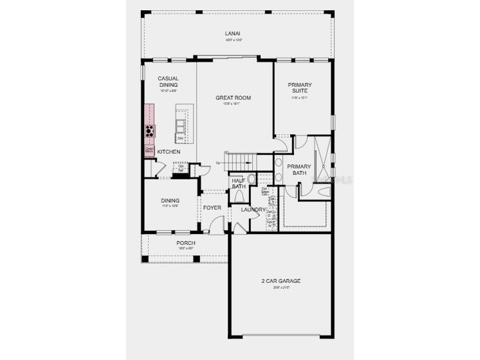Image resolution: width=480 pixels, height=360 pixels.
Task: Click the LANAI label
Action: click(233, 33)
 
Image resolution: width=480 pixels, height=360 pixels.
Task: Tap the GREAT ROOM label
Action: click(233, 98)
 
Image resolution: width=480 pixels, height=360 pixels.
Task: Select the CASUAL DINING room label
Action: click(169, 82)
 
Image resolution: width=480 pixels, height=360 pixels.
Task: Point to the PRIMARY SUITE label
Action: click(300, 88)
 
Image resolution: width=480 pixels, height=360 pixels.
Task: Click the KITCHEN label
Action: click(169, 152)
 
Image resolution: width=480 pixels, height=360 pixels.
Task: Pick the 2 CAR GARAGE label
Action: click(281, 281)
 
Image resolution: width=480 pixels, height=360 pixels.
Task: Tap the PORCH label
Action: click(186, 243)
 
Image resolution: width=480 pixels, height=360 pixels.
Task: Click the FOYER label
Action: click(212, 208)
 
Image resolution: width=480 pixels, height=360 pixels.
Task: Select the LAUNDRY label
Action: click(254, 210)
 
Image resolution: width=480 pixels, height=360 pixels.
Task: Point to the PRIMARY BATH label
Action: click(300, 170)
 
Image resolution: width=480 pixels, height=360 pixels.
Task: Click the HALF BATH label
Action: click(239, 184)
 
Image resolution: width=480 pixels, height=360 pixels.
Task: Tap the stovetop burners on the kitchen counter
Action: click(150, 131)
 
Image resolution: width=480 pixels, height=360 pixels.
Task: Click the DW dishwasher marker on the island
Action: click(180, 139)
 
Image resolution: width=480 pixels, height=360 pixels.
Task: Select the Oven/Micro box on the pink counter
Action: click(149, 151)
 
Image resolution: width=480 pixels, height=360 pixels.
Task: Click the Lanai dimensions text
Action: click(233, 40)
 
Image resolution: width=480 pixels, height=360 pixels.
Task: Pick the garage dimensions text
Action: click(281, 287)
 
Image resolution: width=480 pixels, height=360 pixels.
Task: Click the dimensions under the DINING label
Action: click(171, 206)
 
